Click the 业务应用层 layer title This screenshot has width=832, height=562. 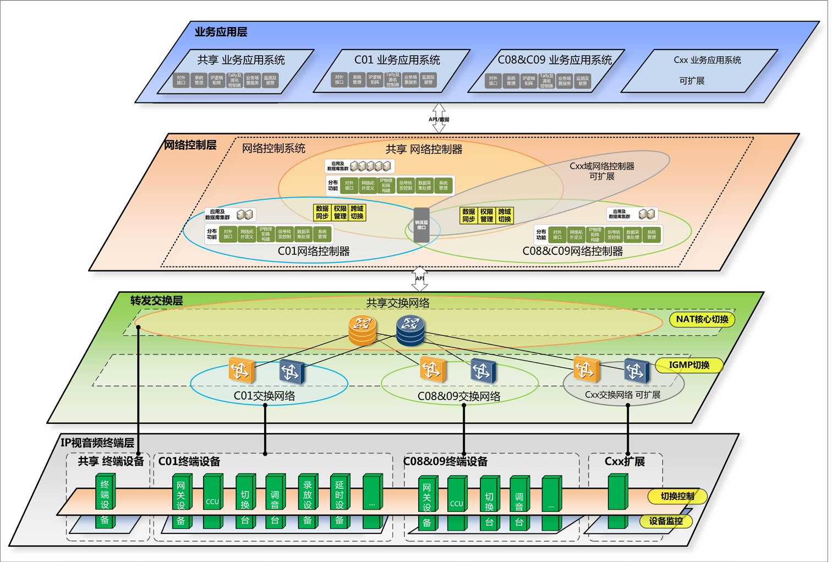point(221,32)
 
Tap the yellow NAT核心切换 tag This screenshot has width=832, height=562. point(702,319)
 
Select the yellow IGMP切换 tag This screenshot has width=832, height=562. point(688,365)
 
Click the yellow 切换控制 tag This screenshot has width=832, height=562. point(677,496)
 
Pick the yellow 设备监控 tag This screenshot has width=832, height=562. point(666,521)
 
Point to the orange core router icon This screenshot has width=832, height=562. point(363,329)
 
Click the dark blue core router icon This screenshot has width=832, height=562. point(410,330)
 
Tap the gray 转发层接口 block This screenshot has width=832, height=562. point(422,225)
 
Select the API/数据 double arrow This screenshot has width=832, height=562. point(439,118)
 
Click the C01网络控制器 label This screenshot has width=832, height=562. point(314,252)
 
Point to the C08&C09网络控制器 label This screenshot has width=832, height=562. point(572,252)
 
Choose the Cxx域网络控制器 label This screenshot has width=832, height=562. point(601,171)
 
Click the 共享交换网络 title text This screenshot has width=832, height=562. point(398,303)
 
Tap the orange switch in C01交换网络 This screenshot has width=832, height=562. point(242,370)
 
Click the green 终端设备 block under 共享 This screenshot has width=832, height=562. point(105,500)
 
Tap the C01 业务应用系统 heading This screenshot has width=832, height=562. point(397,60)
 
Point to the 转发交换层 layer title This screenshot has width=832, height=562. point(156,301)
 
